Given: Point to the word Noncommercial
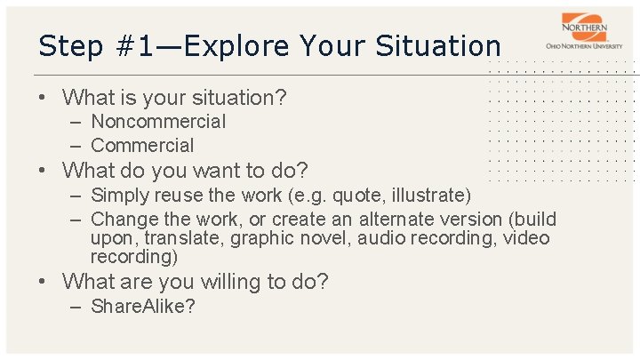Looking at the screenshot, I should tap(158, 122).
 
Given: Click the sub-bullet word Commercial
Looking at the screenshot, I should tap(142, 145).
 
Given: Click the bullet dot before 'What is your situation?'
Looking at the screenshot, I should tap(44, 98).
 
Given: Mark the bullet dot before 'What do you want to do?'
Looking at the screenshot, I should tap(44, 171).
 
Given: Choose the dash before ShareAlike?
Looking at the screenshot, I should tap(74, 308).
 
